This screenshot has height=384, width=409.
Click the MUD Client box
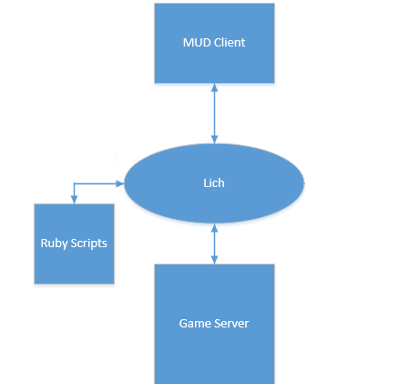pos(214,43)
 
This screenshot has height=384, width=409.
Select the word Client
pos(230,43)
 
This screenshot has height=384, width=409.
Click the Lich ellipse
pos(214,183)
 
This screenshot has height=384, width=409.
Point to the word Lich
pos(214,183)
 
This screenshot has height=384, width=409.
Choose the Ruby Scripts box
pos(74,244)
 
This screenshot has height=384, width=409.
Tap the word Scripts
pos(88,244)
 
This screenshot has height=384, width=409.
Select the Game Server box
pos(214,324)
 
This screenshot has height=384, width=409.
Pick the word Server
pos(231,324)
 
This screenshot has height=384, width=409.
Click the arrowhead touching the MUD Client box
pos(214,88)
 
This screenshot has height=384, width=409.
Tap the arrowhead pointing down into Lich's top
pos(214,140)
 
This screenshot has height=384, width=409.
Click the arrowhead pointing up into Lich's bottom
pos(214,227)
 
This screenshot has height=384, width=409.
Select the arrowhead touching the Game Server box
pos(214,260)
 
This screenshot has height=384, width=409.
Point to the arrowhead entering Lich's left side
pos(120,183)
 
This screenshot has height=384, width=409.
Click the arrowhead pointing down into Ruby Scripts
pos(74,200)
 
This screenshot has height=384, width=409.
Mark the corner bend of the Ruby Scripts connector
pos(74,183)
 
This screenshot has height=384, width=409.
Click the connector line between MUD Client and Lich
pos(214,113)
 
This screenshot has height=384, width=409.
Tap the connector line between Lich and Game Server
pos(214,244)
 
